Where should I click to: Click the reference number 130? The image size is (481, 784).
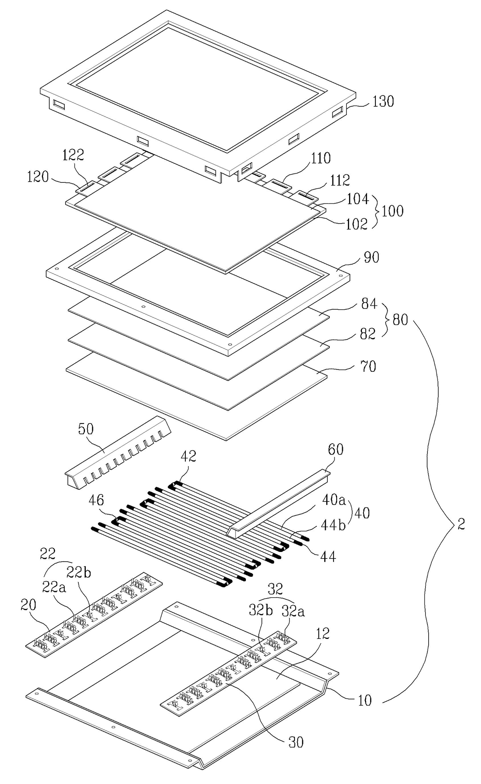[x=383, y=101]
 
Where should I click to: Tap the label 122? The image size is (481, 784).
[x=73, y=155]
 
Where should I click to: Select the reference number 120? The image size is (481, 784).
[x=38, y=177]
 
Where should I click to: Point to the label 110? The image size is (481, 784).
[x=320, y=158]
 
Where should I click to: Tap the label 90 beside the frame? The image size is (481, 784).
[x=372, y=257]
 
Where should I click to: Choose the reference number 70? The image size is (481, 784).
[x=369, y=366]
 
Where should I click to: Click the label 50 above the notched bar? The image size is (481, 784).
[x=86, y=429]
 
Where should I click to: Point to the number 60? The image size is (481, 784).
[x=336, y=449]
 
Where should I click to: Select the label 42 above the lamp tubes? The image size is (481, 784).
[x=188, y=456]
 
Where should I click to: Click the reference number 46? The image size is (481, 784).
[x=96, y=500]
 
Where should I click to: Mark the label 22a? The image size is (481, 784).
[x=54, y=587]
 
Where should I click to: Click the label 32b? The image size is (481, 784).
[x=261, y=611]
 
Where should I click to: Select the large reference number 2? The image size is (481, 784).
[x=461, y=525]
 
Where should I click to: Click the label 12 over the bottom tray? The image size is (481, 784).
[x=323, y=633]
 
